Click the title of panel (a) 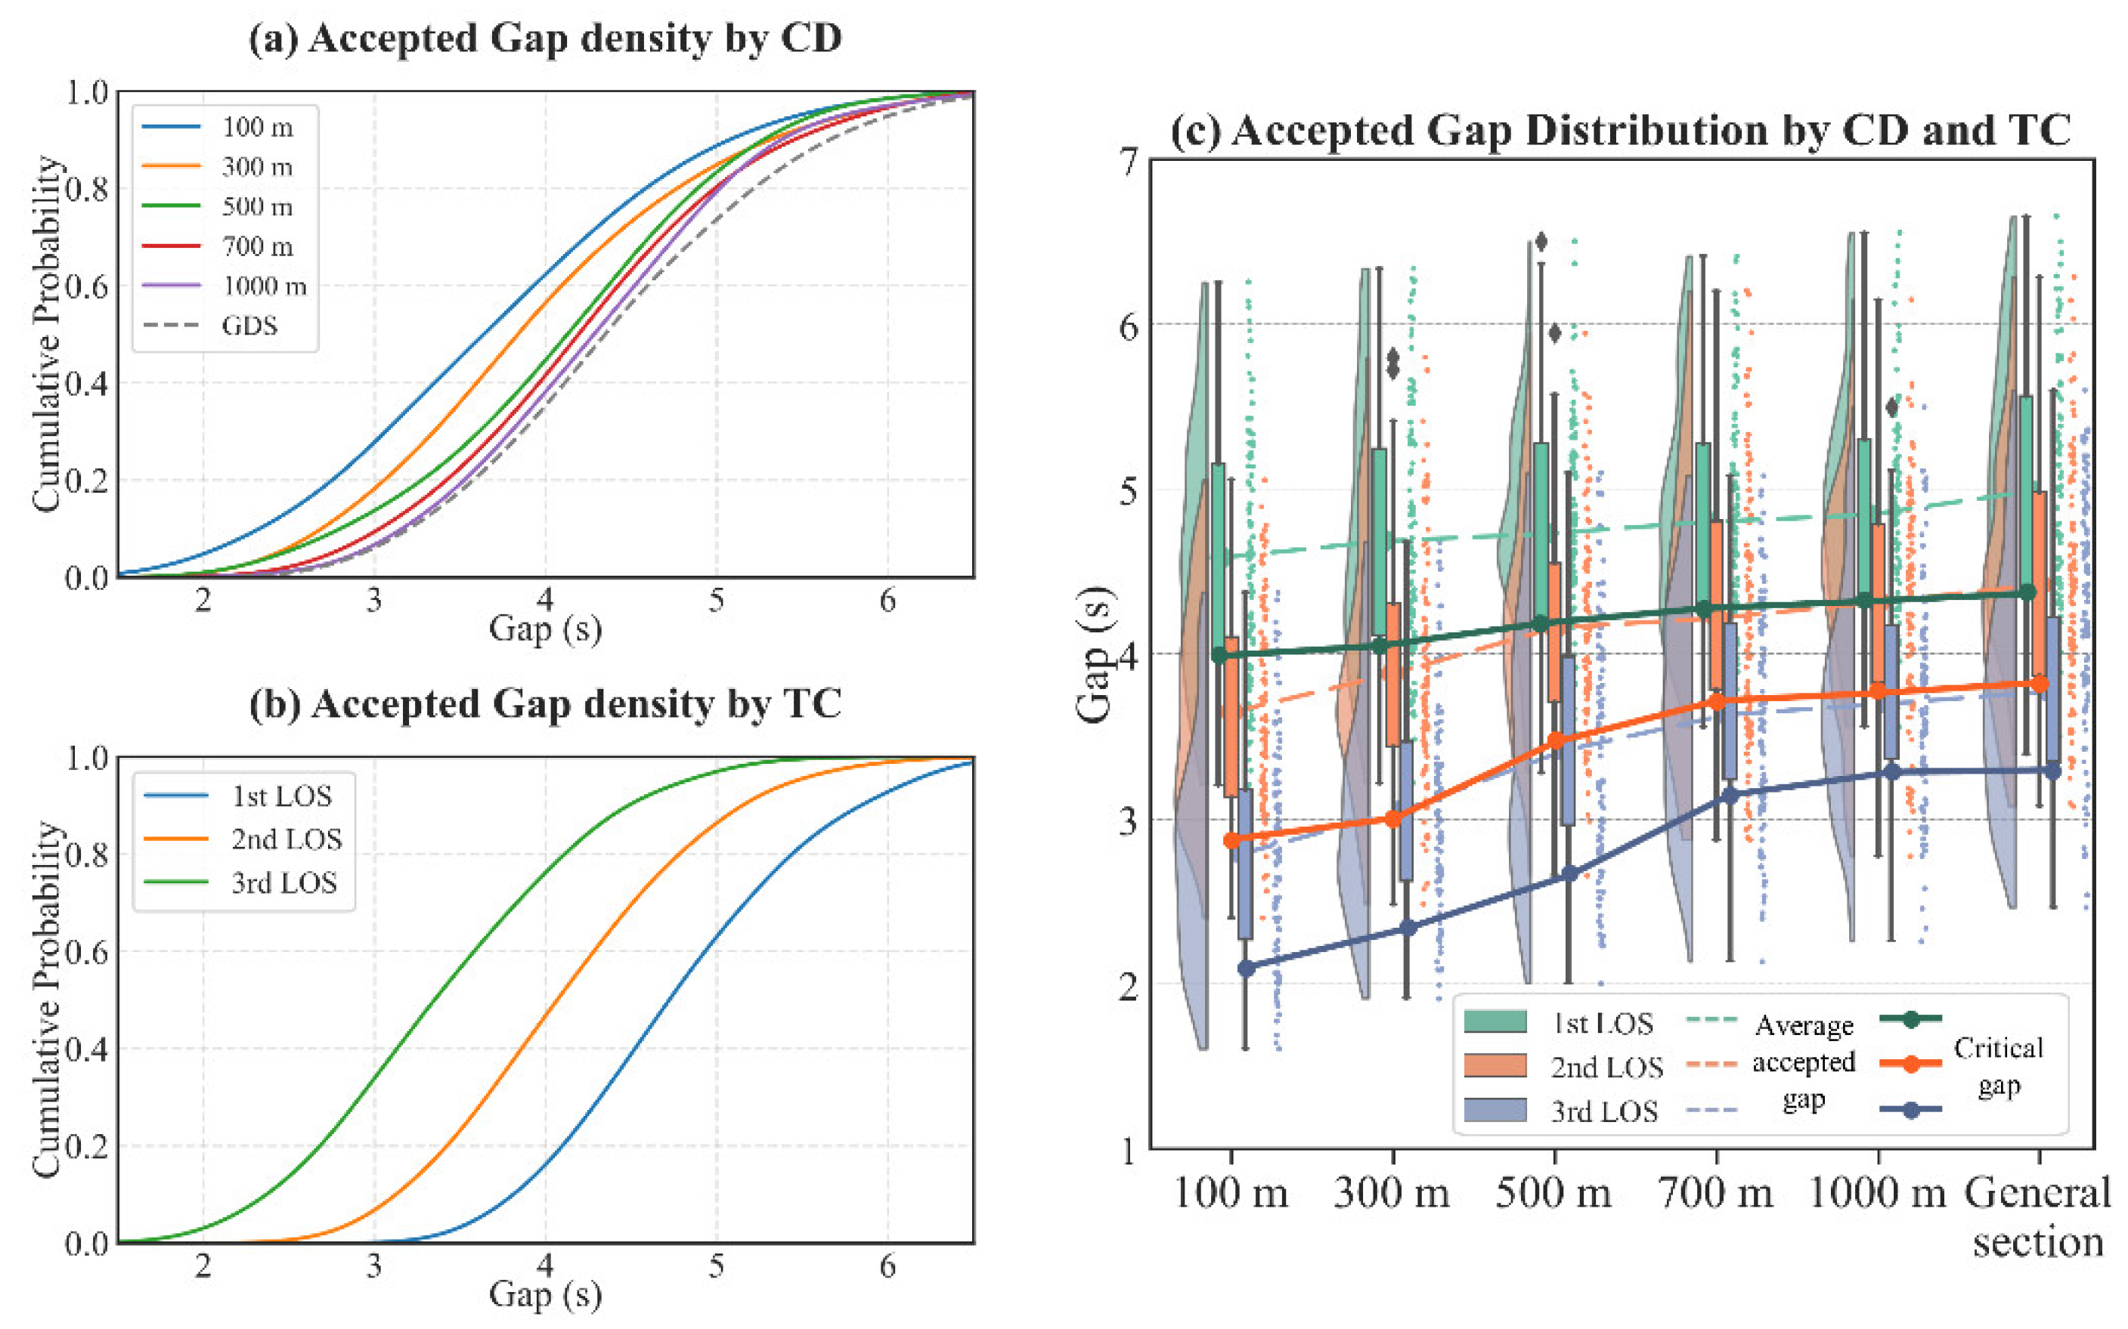coord(545,39)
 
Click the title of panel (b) coord(545,704)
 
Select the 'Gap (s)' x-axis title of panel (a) coord(545,629)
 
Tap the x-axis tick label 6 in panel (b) coord(887,1266)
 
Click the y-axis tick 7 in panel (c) coord(1128,162)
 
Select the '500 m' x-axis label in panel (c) coord(1553,1194)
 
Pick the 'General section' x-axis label coord(2037,1217)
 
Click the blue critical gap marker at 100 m coord(1246,968)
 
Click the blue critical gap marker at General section coord(2053,771)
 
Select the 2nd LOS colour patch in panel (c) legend coord(1495,1065)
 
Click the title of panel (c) coord(1621,130)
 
